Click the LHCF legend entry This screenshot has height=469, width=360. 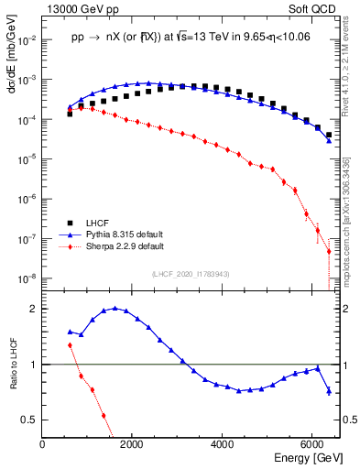[x=98, y=223]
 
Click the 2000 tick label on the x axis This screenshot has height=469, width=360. [x=132, y=444]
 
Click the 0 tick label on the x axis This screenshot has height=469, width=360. [x=42, y=444]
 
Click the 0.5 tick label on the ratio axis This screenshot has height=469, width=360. [x=29, y=420]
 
